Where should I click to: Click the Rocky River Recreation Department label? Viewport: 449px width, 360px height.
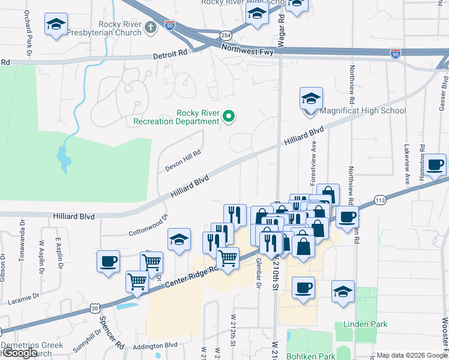click(x=197, y=117)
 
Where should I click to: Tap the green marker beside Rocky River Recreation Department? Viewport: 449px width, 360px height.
click(x=229, y=116)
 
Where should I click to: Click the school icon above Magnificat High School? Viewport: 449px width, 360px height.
click(x=311, y=99)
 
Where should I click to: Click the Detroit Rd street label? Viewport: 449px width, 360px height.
click(x=170, y=54)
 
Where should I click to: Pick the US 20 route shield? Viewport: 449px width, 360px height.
click(x=95, y=307)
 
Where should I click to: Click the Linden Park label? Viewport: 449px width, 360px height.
click(x=365, y=324)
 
